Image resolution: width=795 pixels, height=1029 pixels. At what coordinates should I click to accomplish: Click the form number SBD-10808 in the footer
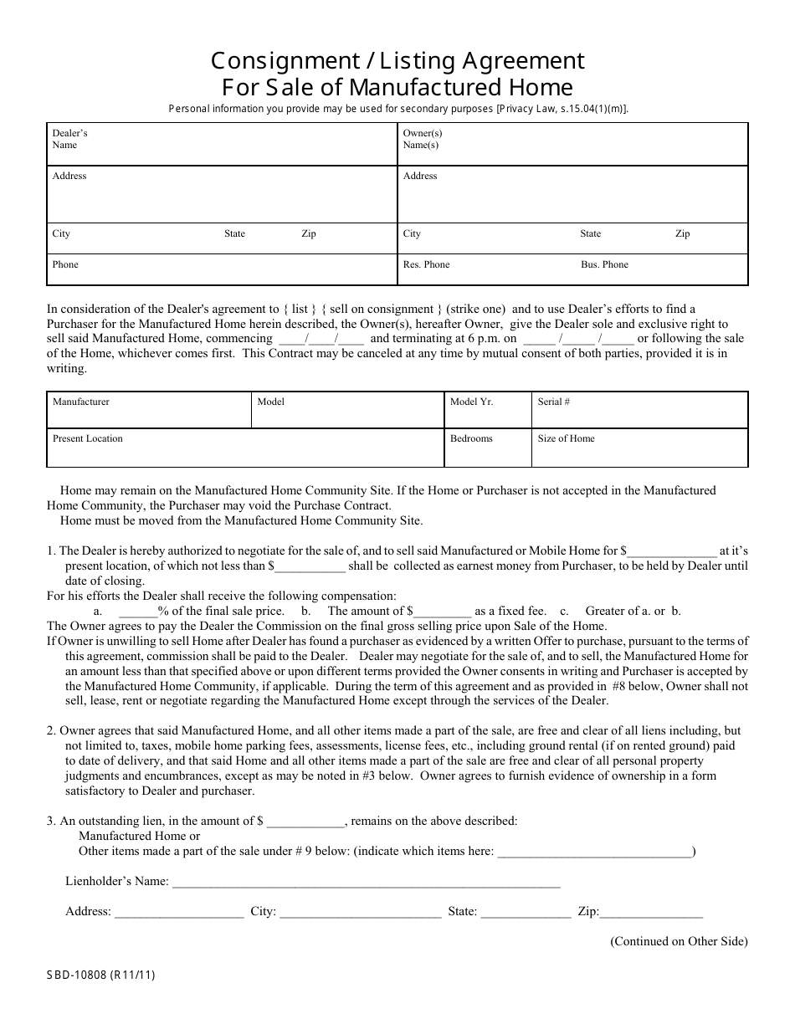coord(100,975)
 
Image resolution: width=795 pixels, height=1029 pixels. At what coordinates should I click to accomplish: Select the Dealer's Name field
coord(221,145)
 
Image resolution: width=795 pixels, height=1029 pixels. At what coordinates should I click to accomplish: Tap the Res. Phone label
coord(426,264)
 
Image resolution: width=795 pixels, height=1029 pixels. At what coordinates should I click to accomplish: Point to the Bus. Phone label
coord(604,264)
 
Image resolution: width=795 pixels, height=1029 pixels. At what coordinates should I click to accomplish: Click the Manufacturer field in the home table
coord(149,410)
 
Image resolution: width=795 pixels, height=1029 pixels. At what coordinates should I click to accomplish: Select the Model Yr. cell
coord(487,410)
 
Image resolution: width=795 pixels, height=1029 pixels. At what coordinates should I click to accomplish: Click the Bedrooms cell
coord(487,448)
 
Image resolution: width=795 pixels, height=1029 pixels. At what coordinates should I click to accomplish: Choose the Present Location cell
coord(244,448)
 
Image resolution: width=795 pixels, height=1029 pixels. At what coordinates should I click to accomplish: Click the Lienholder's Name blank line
coord(366,883)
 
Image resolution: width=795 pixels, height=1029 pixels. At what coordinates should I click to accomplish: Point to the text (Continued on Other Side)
coord(679,941)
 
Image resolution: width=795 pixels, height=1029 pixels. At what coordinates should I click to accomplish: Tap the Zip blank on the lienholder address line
coord(651,913)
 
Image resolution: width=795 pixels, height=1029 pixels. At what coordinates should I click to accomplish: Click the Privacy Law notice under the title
coord(398,109)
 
